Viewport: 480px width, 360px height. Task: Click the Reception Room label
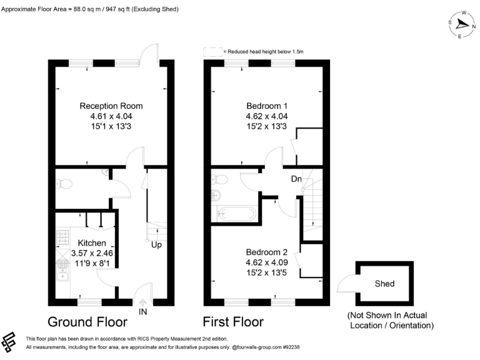(x=111, y=105)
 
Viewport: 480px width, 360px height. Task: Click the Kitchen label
(x=92, y=242)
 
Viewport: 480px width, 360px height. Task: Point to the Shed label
(x=384, y=284)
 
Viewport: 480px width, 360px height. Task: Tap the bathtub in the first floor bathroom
(x=236, y=214)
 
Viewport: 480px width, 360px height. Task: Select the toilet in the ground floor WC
(x=63, y=184)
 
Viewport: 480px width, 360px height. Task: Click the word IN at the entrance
(x=143, y=310)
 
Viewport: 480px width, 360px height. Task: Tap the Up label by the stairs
(x=156, y=244)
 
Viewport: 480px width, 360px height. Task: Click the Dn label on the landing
(x=297, y=179)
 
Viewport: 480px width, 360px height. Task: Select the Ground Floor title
(x=87, y=322)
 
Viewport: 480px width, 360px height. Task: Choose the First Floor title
(x=233, y=322)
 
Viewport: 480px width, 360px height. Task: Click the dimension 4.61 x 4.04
(x=111, y=116)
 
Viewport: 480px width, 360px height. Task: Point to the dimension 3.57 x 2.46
(x=92, y=254)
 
